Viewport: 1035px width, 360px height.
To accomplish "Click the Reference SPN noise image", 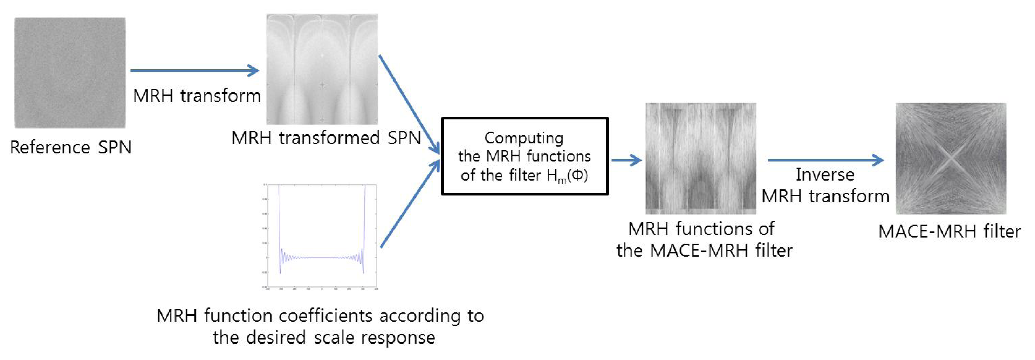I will (x=70, y=72).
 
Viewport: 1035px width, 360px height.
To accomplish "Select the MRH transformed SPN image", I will (x=322, y=69).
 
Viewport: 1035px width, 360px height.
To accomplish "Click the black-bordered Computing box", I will (x=525, y=156).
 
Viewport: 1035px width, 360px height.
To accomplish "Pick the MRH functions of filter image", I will (x=701, y=158).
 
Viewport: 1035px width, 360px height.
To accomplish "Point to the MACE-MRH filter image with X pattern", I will (x=951, y=158).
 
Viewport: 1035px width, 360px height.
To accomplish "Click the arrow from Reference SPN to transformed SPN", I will (x=195, y=71).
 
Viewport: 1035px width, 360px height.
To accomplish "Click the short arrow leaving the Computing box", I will (x=627, y=160).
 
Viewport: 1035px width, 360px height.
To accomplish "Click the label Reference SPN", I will (x=71, y=147).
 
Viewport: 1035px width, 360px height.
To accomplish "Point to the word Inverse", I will (x=825, y=175).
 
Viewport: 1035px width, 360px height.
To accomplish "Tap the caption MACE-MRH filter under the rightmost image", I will (x=950, y=232).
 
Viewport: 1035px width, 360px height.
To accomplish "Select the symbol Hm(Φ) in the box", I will (x=567, y=175).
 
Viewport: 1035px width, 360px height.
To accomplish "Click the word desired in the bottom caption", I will (x=276, y=338).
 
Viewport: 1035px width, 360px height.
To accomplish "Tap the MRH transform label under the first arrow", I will (x=197, y=96).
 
